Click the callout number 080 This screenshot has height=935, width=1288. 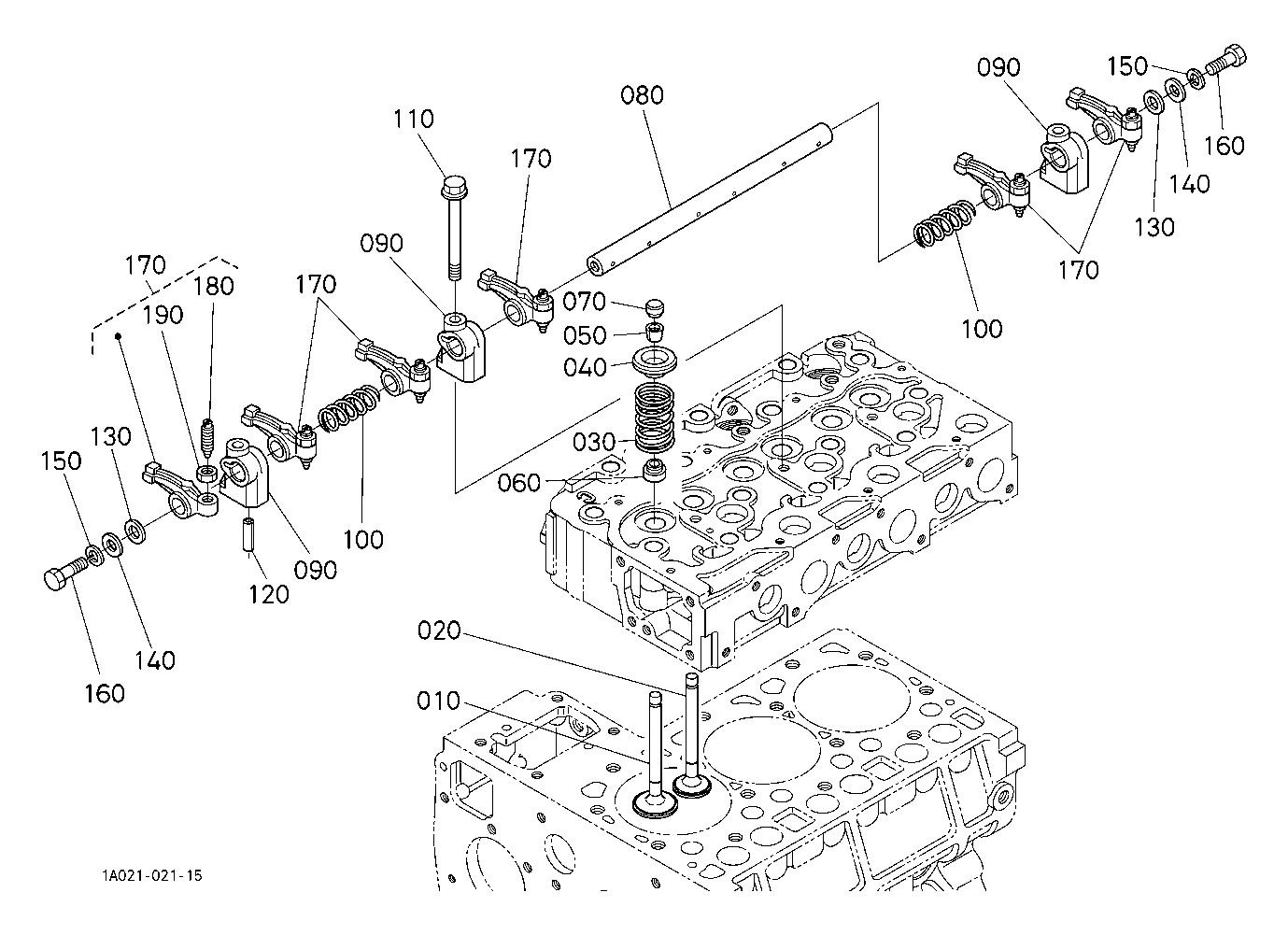pyautogui.click(x=643, y=95)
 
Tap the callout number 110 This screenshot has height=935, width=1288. pyautogui.click(x=413, y=120)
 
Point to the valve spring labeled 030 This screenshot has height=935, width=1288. pyautogui.click(x=660, y=417)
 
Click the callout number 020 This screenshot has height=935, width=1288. pyautogui.click(x=439, y=631)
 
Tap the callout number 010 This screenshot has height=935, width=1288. pyautogui.click(x=439, y=701)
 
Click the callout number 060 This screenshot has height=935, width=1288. pyautogui.click(x=519, y=483)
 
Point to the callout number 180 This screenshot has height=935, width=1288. pyautogui.click(x=213, y=286)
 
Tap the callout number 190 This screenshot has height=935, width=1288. pyautogui.click(x=163, y=316)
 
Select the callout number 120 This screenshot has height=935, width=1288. pyautogui.click(x=268, y=594)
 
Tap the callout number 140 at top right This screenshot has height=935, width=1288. pyautogui.click(x=1188, y=183)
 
